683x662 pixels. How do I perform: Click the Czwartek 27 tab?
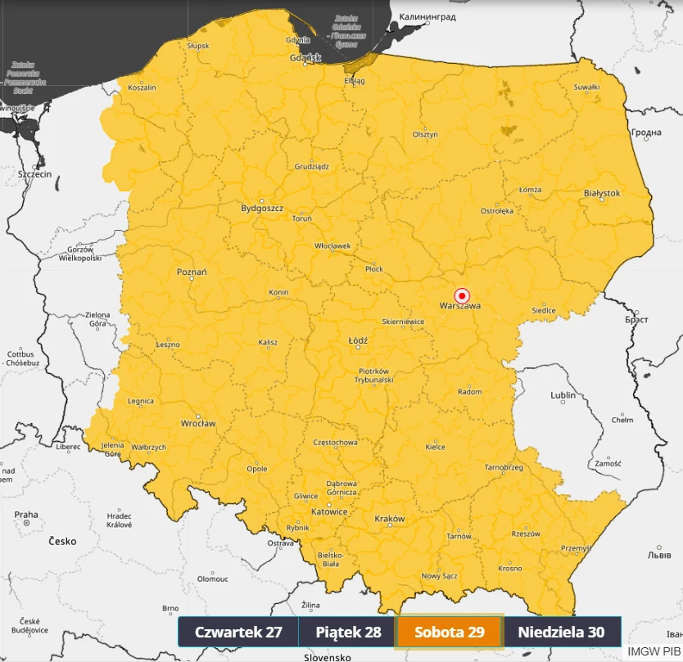[238, 632]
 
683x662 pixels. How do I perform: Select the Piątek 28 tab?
[348, 632]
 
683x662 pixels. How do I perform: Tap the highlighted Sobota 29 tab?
[449, 632]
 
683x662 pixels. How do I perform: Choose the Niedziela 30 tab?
[561, 632]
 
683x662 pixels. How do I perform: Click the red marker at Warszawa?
[462, 295]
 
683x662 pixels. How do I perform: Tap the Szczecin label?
[35, 174]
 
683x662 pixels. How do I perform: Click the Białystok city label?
[602, 193]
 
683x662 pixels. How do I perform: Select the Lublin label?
[563, 395]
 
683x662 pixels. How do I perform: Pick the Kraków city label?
[389, 519]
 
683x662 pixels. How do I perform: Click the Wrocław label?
[198, 424]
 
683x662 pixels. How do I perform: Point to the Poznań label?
[192, 272]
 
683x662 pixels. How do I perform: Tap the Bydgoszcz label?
[261, 208]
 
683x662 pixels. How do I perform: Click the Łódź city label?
[358, 340]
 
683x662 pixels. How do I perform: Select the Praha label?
[25, 515]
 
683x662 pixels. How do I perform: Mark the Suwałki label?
[586, 87]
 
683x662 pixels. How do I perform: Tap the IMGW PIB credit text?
[654, 651]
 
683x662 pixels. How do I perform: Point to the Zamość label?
[608, 463]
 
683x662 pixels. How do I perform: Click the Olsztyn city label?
[425, 134]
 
